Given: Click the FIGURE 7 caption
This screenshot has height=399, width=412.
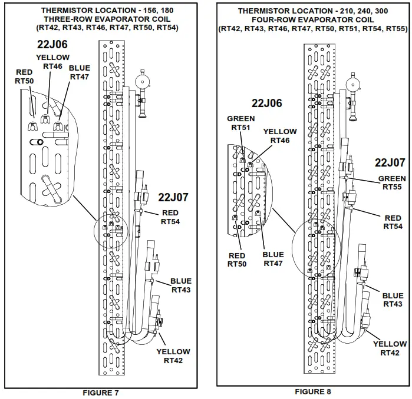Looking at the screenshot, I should [101, 392].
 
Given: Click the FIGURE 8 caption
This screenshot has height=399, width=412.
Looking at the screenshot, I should [317, 391].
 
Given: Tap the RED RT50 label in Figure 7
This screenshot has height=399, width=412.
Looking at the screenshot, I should [25, 77].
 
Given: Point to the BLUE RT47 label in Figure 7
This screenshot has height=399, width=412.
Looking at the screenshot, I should [80, 72].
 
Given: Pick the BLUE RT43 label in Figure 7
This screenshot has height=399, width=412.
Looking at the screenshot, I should [181, 285].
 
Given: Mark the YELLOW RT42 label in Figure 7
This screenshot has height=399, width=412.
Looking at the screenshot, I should [173, 355].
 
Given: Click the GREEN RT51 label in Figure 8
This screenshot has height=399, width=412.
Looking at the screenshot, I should [241, 123].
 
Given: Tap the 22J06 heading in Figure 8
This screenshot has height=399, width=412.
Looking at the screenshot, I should [266, 104].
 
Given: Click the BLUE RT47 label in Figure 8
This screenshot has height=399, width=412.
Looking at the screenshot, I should [273, 259].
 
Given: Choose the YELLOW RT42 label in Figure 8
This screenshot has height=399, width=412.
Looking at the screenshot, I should [390, 348].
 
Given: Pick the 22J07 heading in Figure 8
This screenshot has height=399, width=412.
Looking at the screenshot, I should [390, 163].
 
